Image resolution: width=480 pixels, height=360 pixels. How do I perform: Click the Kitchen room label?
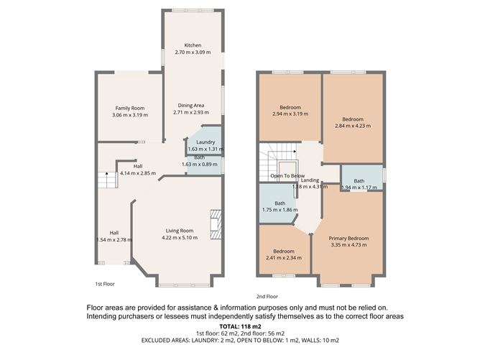tap(193, 45)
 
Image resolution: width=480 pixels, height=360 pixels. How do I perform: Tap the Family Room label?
tap(130, 108)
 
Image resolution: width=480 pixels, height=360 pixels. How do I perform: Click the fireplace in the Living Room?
tap(214, 224)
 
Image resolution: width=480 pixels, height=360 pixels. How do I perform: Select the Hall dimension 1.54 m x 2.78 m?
tap(114, 239)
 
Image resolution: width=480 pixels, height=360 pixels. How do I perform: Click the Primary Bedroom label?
tap(348, 238)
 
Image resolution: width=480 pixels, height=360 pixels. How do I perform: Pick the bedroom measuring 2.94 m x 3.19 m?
tap(290, 114)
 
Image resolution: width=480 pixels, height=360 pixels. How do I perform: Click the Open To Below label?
tap(287, 176)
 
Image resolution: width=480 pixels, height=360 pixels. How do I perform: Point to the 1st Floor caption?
tap(105, 284)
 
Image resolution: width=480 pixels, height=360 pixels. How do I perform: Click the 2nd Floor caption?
tap(267, 296)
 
